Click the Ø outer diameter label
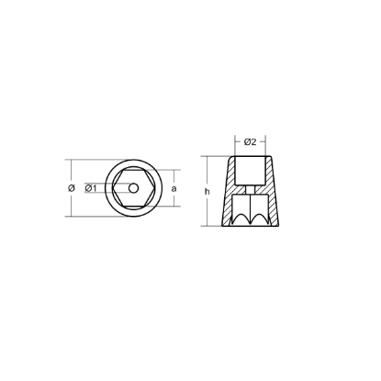[x=71, y=188]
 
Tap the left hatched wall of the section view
[x=226, y=197]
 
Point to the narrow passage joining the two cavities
[x=250, y=187]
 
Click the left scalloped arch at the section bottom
[x=237, y=218]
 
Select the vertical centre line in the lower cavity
[x=250, y=207]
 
